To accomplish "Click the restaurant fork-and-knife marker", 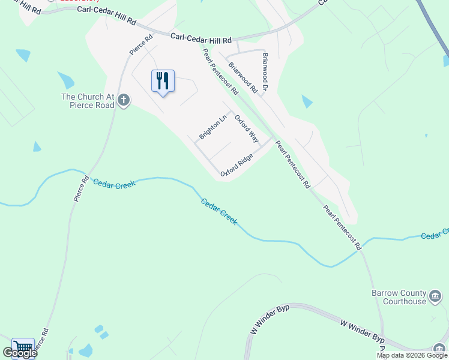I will [163, 80].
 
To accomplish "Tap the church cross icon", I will [124, 100].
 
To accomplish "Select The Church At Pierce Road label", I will [88, 101].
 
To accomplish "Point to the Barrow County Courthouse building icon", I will [435, 296].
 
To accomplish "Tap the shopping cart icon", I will [23, 348].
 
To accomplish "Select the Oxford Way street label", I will [246, 128].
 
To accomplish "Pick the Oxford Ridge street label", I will [237, 165].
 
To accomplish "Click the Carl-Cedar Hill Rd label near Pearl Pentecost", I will [201, 38].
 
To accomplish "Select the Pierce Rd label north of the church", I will [141, 45].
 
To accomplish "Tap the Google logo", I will [20, 353].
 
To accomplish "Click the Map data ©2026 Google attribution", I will [412, 355].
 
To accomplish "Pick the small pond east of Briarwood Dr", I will [307, 101].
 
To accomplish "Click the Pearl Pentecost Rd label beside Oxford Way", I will [220, 71].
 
